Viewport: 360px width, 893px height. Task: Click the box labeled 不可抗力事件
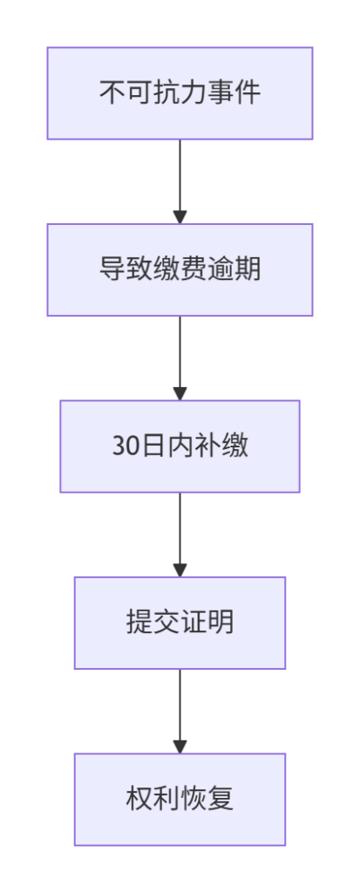[x=180, y=92]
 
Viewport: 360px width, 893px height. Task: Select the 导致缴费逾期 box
[x=180, y=269]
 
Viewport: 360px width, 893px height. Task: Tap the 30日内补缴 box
[x=180, y=446]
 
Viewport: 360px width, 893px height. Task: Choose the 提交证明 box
[x=180, y=623]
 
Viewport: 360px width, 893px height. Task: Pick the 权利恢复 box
[x=180, y=799]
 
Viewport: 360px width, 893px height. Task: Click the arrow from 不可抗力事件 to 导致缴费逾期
[x=180, y=181]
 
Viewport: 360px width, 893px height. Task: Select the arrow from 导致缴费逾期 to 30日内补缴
[x=180, y=358]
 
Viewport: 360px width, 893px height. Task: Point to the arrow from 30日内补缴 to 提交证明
[x=180, y=535]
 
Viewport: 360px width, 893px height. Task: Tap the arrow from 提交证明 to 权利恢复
[x=180, y=711]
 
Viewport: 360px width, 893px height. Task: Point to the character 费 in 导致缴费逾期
[x=194, y=269]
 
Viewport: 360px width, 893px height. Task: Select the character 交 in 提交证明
[x=166, y=623]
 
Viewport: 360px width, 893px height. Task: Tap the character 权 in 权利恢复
[x=139, y=799]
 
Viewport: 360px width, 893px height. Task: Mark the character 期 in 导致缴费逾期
[x=248, y=269]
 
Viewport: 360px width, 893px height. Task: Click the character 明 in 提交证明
[x=221, y=623]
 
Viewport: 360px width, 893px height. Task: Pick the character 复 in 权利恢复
[x=221, y=799]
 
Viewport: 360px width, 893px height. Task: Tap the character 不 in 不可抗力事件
[x=112, y=92]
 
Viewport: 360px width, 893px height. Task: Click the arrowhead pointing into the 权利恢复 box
[x=180, y=746]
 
